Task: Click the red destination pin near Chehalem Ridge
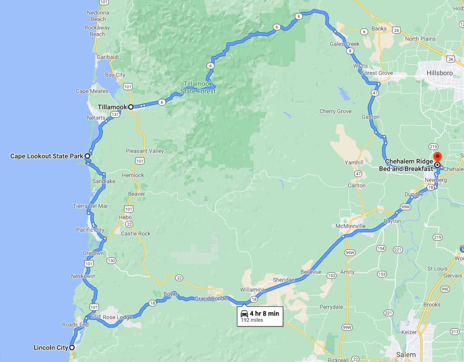click(x=437, y=157)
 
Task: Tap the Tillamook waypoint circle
click(x=131, y=107)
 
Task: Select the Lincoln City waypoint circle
click(x=72, y=348)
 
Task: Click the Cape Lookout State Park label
click(x=46, y=156)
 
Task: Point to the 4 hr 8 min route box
click(x=259, y=316)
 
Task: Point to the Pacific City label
click(x=90, y=230)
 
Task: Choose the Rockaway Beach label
click(x=98, y=31)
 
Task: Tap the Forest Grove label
click(x=376, y=73)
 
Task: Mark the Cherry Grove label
click(x=336, y=111)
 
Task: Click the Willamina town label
click(x=252, y=289)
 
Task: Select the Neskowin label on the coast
click(x=83, y=276)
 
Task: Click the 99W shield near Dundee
click(x=405, y=206)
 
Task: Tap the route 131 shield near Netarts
click(x=115, y=114)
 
